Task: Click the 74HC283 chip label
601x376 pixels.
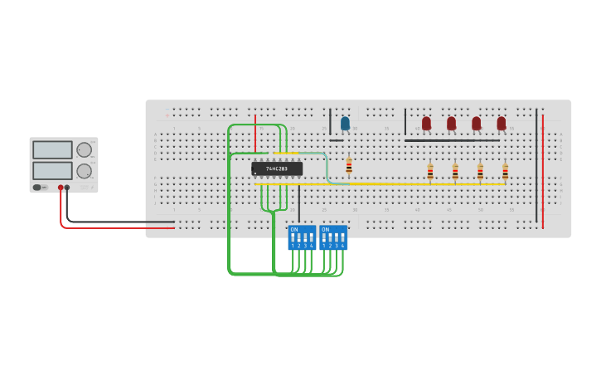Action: pyautogui.click(x=277, y=168)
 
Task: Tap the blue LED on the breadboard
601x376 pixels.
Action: pyautogui.click(x=345, y=123)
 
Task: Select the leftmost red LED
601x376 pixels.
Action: pyautogui.click(x=426, y=123)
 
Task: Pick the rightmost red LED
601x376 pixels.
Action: pyautogui.click(x=501, y=123)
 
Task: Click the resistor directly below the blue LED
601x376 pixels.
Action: pyautogui.click(x=349, y=165)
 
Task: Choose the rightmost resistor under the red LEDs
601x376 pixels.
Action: pyautogui.click(x=505, y=172)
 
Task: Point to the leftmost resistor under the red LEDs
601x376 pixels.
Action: pyautogui.click(x=430, y=172)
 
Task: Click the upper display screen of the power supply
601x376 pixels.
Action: pyautogui.click(x=52, y=150)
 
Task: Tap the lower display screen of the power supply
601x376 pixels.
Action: pyautogui.click(x=52, y=170)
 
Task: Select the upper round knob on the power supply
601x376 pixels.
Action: pyautogui.click(x=84, y=150)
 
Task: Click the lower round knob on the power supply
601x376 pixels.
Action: pyautogui.click(x=84, y=171)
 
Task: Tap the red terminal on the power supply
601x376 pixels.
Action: pyautogui.click(x=61, y=188)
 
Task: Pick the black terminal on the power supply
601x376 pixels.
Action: pyautogui.click(x=67, y=188)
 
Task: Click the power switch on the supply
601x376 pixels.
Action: pyautogui.click(x=38, y=188)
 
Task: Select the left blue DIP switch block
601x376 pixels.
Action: pyautogui.click(x=302, y=237)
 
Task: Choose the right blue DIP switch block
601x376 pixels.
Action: pyautogui.click(x=333, y=237)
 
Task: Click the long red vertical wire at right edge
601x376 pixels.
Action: pyautogui.click(x=543, y=170)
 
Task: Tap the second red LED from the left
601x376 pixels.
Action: pyautogui.click(x=451, y=123)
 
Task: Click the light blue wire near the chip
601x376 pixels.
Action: pyautogui.click(x=325, y=166)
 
